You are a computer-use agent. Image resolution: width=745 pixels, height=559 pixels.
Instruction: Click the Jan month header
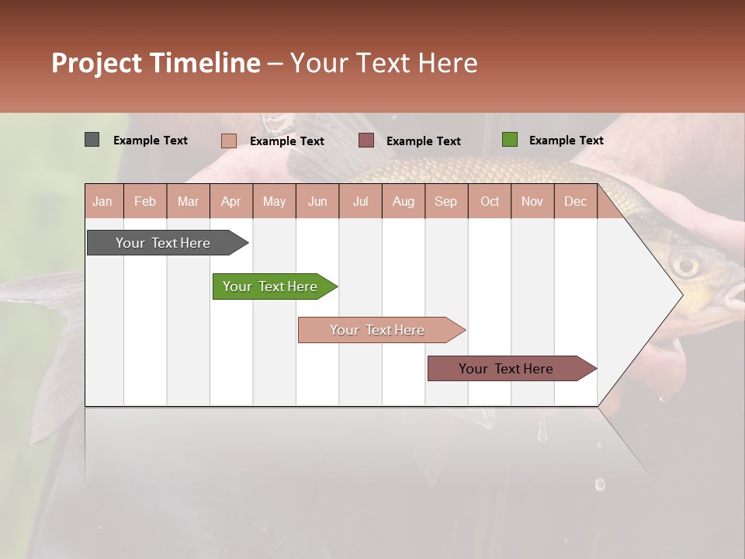pos(102,201)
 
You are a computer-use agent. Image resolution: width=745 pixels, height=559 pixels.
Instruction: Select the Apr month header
pos(230,201)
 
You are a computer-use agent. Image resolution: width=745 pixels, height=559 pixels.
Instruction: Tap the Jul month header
pos(360,201)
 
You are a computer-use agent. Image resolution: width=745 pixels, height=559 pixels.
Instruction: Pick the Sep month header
pos(445,201)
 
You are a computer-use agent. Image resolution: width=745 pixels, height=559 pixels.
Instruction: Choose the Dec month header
pos(575,201)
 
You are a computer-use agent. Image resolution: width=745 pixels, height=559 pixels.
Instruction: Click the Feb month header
pos(145,201)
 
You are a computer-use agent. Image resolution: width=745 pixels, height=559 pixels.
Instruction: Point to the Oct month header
pos(490,201)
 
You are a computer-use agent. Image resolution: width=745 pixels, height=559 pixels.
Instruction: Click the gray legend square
pos(92,140)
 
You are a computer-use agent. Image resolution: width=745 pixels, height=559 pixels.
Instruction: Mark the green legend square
pos(509,140)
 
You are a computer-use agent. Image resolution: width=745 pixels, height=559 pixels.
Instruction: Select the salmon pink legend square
pos(228,141)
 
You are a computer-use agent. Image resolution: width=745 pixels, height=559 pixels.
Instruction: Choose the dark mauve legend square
pos(366,141)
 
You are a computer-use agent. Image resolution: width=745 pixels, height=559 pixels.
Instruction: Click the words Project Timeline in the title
pos(156,63)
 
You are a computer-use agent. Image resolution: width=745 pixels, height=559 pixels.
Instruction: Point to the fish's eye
pos(685,266)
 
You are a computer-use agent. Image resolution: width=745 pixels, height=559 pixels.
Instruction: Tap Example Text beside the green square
pos(566,141)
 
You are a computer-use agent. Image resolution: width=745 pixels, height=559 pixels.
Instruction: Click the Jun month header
pos(317,201)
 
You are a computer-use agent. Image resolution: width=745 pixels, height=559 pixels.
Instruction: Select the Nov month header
pos(532,201)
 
